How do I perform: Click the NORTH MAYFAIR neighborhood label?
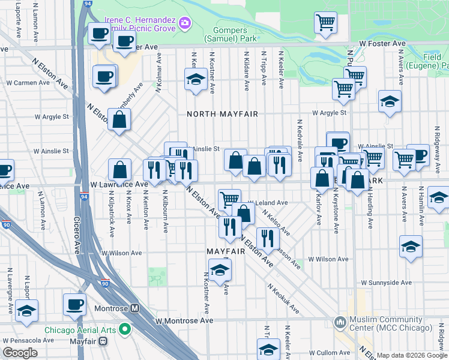coord(222,114)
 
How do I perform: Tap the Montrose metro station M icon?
coord(135,308)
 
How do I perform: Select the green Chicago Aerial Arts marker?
coord(125,328)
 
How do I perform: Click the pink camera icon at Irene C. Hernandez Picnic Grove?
coord(185,24)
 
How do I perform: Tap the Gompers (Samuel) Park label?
coord(235,34)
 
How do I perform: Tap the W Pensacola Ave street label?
coord(28,340)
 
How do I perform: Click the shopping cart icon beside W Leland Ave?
coord(229,198)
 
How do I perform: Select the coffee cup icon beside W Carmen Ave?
coord(104,76)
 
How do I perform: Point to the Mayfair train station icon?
coord(103,341)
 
